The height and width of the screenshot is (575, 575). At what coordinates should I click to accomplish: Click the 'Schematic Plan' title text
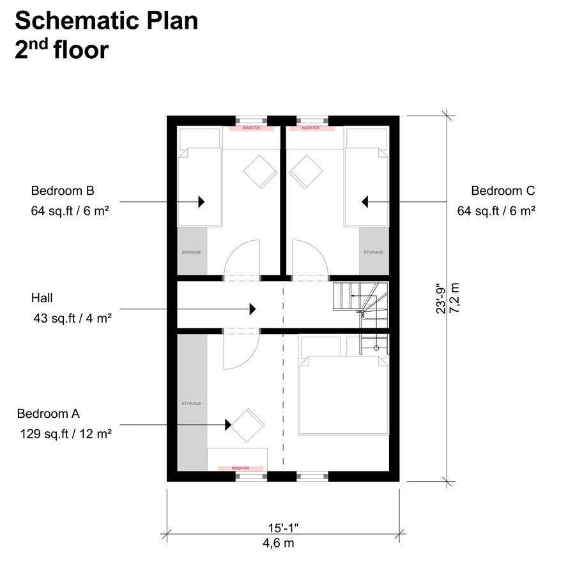[106, 20]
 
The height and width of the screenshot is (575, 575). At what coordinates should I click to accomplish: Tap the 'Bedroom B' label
[63, 190]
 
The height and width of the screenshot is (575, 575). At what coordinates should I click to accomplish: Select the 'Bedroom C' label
[503, 190]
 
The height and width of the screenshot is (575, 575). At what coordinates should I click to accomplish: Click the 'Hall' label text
[42, 298]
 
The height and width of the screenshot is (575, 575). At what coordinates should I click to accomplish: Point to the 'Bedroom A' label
[49, 413]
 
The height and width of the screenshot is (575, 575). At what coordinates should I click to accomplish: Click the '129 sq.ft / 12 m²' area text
[66, 434]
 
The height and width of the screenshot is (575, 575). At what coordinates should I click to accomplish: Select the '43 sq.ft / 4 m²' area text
[72, 316]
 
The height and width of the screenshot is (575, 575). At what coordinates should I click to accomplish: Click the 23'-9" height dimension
[441, 298]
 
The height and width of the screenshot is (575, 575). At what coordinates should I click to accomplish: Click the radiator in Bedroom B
[252, 128]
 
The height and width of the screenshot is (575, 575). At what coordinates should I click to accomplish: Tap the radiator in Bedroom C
[310, 128]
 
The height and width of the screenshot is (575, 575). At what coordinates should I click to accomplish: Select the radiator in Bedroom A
[240, 468]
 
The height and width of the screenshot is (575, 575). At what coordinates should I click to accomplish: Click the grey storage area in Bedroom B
[192, 252]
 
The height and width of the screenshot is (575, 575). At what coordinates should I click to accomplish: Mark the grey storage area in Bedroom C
[374, 252]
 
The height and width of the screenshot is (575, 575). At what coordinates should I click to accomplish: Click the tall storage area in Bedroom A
[192, 402]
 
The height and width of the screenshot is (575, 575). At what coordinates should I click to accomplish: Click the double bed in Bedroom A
[344, 396]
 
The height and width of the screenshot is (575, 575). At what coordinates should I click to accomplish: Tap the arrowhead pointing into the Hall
[252, 309]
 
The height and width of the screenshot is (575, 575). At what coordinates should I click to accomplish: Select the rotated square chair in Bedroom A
[248, 424]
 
